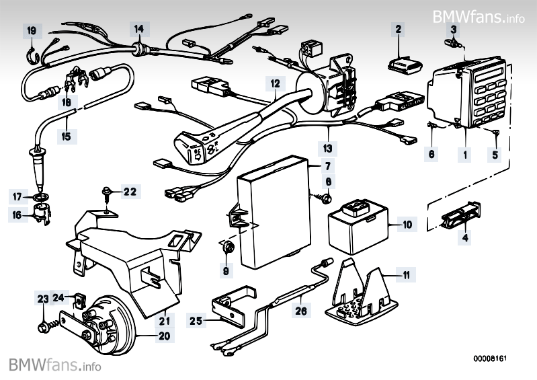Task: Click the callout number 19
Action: click(32, 30)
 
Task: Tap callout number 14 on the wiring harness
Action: click(138, 29)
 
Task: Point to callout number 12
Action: click(275, 84)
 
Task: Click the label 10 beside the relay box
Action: click(407, 224)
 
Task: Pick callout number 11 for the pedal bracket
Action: click(425, 274)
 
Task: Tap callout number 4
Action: click(464, 237)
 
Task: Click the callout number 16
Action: click(17, 215)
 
